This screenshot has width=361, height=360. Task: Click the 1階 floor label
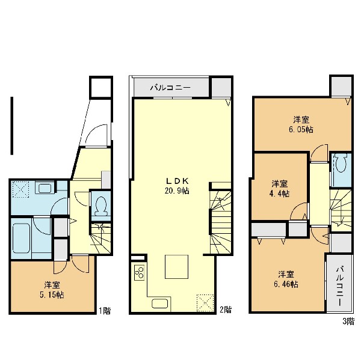105,311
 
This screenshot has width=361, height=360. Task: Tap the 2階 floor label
225,310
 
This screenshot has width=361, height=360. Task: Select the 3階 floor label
348,321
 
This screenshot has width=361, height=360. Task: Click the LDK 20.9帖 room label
177,186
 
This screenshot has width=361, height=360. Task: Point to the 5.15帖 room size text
52,294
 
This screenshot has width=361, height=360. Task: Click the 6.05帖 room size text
301,129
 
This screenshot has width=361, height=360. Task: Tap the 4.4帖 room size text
279,194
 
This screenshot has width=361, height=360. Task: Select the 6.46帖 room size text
286,284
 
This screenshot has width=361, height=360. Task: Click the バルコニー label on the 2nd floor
170,88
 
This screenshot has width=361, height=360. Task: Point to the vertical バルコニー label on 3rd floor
340,285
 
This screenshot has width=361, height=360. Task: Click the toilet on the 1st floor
101,206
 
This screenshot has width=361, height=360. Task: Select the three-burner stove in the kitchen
139,273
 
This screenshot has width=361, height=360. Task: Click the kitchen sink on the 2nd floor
159,304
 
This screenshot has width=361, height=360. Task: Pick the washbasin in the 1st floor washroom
46,188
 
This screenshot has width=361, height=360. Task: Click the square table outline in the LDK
176,266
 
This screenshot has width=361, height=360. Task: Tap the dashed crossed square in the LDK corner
205,303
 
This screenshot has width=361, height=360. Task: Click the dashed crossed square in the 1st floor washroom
20,189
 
